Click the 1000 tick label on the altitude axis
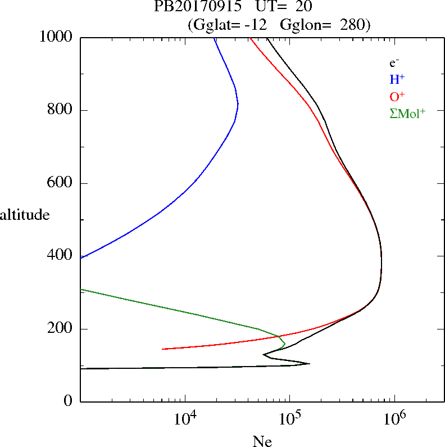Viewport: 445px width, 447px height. [56, 37]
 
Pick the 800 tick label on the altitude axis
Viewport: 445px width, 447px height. [61, 110]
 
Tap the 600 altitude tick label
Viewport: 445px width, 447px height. [61, 183]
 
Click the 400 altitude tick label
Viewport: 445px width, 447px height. [61, 256]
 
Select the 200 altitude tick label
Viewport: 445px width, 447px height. [61, 329]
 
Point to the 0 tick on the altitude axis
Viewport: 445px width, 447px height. [69, 401]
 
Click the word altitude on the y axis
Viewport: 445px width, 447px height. [25, 214]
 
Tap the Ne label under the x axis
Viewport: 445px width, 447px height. [262, 441]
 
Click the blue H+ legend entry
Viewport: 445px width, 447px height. [397, 79]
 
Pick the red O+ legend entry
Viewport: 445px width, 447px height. [397, 96]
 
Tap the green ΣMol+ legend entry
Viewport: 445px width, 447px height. [407, 113]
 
